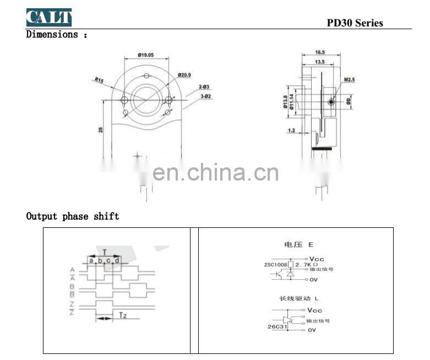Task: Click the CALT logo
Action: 49,17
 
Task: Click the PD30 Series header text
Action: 355,23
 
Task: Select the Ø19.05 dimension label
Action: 145,55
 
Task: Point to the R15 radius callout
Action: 99,80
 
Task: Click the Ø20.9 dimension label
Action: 184,75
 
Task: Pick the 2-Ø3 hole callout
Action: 204,87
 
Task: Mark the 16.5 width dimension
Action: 320,52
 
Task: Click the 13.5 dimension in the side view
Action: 319,62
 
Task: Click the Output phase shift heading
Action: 73,216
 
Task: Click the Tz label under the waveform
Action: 123,315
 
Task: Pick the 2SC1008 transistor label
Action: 275,265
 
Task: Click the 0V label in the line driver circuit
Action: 312,330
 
